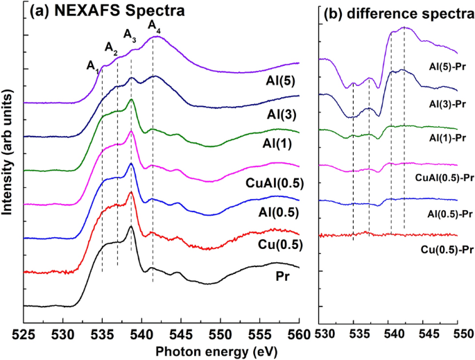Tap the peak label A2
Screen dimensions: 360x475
pyautogui.click(x=111, y=47)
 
